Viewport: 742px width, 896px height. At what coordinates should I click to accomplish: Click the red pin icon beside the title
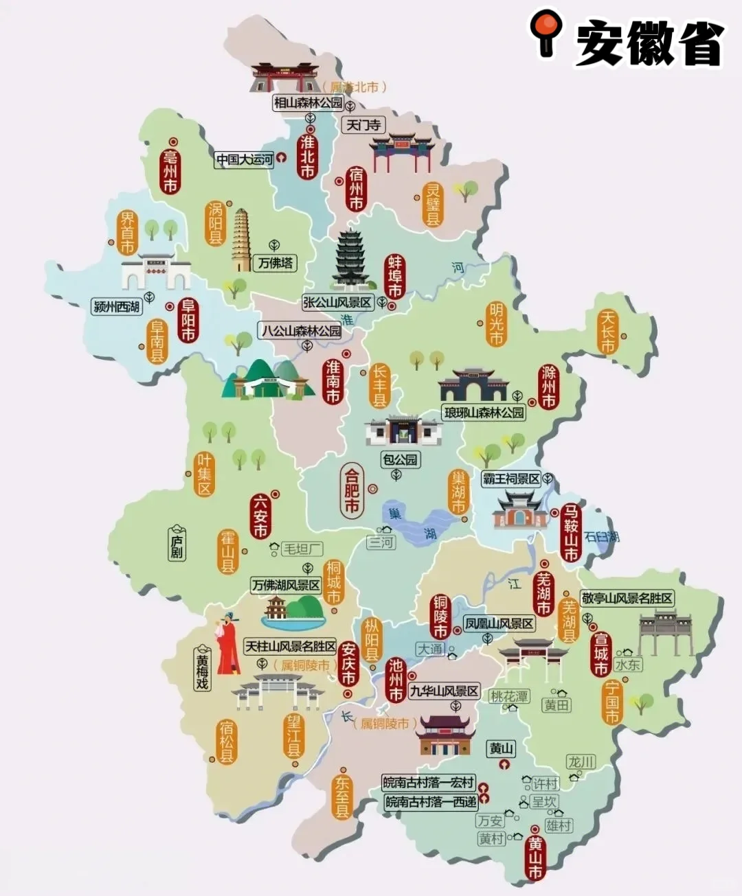(546, 32)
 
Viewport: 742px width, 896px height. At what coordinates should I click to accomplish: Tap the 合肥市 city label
(351, 490)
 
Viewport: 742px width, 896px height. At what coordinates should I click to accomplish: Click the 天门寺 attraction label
(363, 125)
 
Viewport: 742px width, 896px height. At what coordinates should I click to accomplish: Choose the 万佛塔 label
(276, 262)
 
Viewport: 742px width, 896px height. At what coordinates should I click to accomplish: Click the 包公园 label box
(401, 459)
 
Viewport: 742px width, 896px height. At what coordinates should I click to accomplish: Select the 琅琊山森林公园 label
(484, 413)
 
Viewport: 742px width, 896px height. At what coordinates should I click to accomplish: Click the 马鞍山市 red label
(570, 533)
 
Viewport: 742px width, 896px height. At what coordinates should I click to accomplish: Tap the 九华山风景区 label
(444, 691)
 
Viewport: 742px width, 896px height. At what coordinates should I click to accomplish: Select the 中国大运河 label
(244, 160)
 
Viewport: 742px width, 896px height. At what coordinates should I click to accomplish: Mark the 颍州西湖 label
(117, 306)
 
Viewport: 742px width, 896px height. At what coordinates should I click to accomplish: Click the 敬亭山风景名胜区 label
(627, 598)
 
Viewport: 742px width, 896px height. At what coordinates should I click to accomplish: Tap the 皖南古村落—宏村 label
(429, 783)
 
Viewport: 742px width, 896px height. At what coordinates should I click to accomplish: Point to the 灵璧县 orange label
(433, 204)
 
